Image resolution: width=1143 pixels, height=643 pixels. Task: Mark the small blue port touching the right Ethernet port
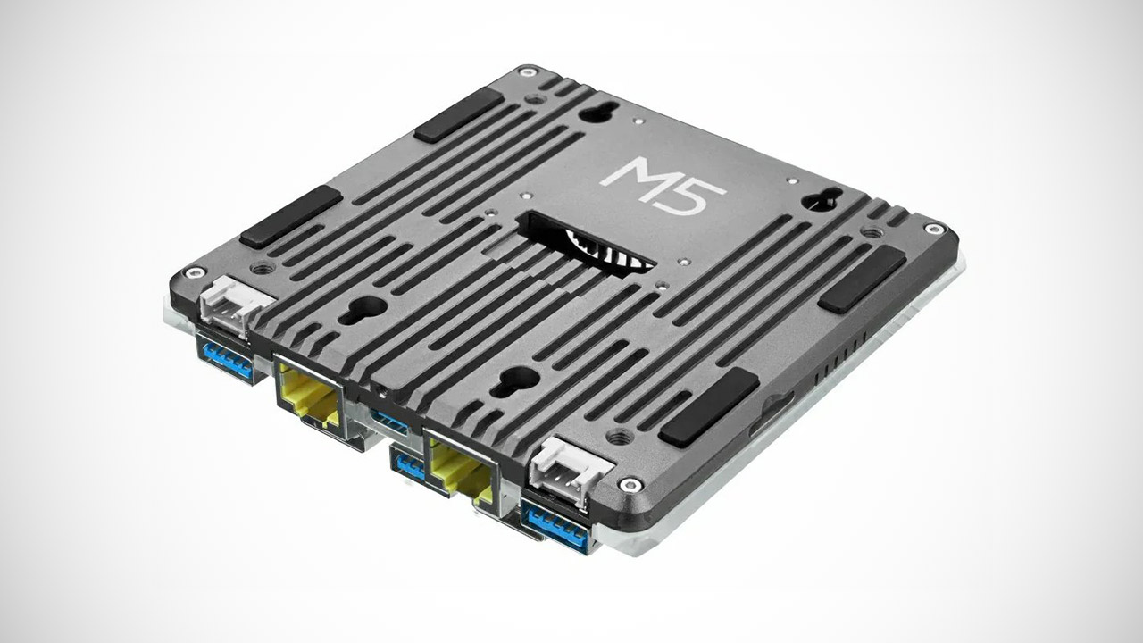point(409,463)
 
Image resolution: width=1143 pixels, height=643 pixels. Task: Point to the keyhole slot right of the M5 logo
point(820,201)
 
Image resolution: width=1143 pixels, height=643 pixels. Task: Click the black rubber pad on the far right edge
point(863,280)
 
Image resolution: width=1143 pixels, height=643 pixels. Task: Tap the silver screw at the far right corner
point(935,230)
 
